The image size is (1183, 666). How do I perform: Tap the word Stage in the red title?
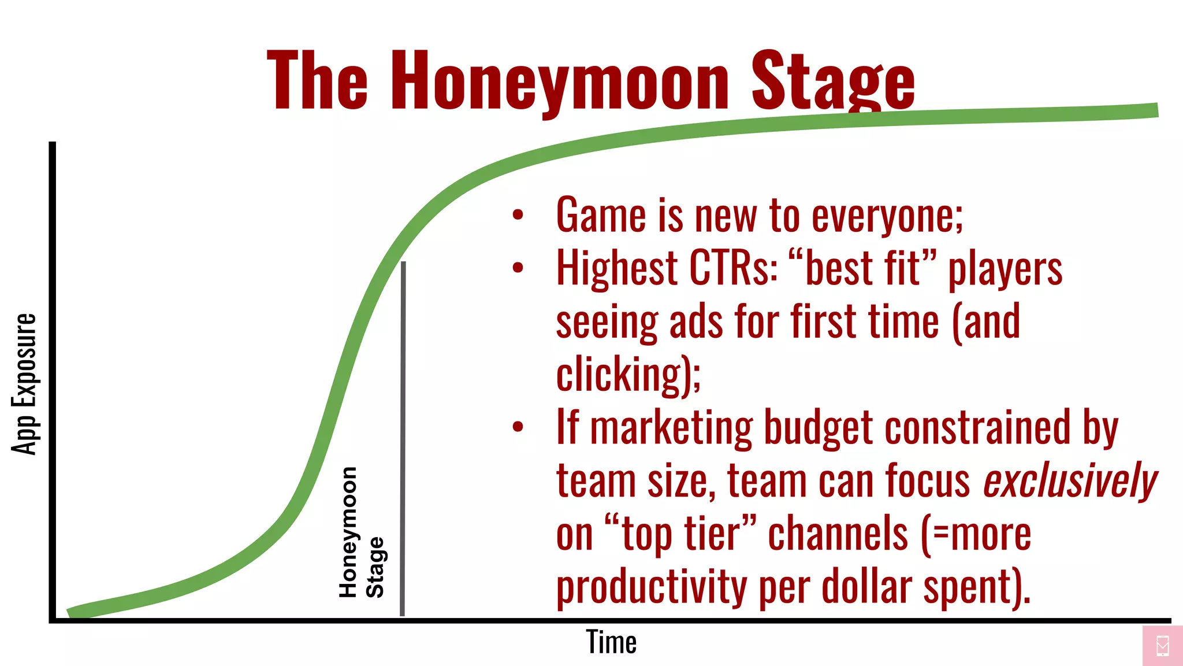pos(833,81)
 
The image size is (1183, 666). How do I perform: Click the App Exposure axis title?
pos(24,384)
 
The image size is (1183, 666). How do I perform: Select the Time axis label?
pos(611,642)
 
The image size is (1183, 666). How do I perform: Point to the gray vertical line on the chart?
pos(403,439)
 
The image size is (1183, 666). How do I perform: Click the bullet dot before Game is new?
pos(518,215)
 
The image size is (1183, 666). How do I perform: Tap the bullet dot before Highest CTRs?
pos(518,268)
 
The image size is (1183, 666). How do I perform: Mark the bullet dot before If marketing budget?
pos(518,427)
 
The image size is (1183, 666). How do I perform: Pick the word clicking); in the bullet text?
pos(628,375)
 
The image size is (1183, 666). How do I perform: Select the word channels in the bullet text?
pos(838,534)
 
